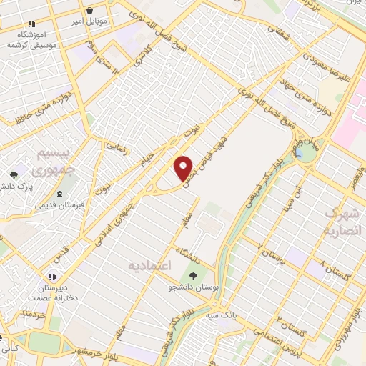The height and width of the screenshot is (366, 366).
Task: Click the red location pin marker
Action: [x=184, y=168]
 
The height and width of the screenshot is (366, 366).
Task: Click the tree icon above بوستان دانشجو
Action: [x=192, y=276]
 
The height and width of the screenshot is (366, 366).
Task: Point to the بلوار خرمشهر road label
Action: [x=91, y=350]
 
